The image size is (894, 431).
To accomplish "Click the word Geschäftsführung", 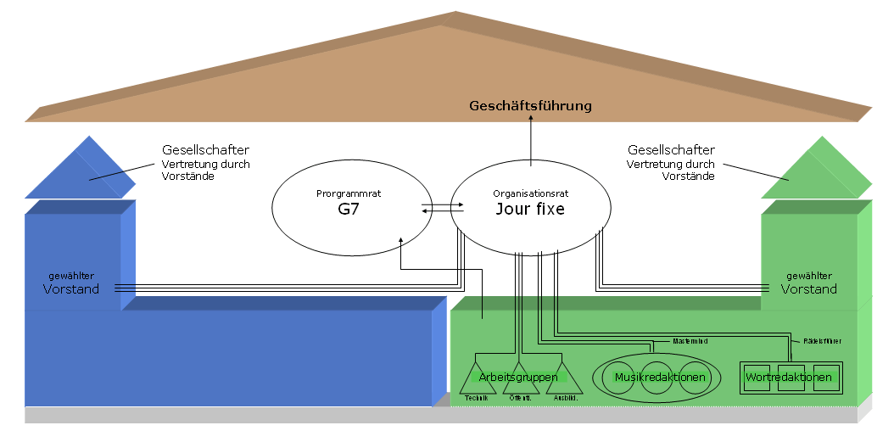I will coord(531,106).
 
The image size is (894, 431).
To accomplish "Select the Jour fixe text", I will coord(530,209).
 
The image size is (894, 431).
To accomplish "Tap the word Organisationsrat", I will coord(530,193).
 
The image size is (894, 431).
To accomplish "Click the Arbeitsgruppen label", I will coord(517,377).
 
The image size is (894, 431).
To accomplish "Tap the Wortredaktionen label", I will coord(789,377).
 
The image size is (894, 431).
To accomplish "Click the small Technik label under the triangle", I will coord(477,399).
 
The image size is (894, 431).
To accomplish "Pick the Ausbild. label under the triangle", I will coord(566,399).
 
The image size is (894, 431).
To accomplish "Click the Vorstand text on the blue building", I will coord(71,289).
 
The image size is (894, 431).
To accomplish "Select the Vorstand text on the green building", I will coord(808,289).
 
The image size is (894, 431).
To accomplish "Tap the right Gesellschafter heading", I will coord(668,150).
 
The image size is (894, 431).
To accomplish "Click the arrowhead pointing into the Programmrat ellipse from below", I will coord(400,242).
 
